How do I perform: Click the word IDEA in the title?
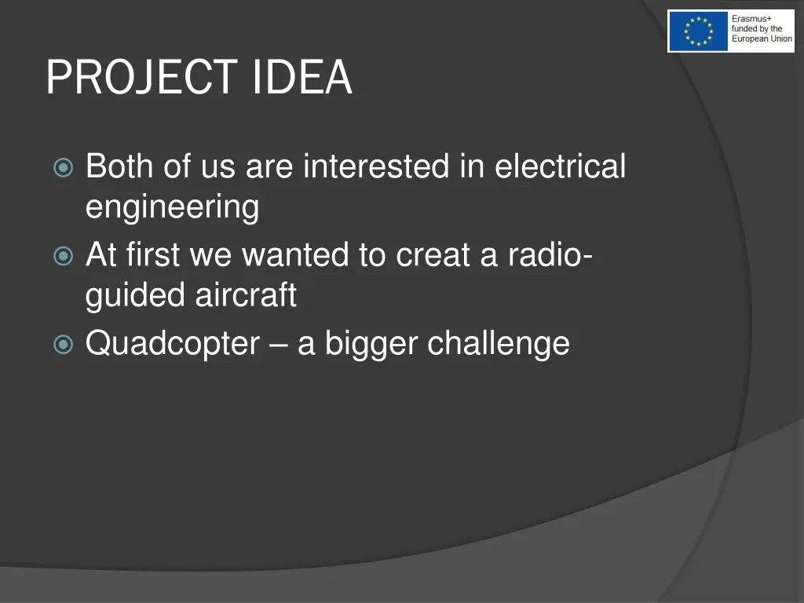click(302, 78)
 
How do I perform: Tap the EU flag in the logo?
click(698, 31)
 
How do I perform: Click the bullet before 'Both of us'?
click(64, 168)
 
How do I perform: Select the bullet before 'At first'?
click(64, 256)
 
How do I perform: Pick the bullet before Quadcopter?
click(64, 344)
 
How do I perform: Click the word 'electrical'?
click(560, 166)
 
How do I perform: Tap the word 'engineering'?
click(172, 208)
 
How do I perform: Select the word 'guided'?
click(136, 296)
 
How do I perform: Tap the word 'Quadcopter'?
click(173, 344)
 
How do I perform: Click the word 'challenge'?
click(499, 343)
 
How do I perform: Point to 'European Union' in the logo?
click(762, 39)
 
